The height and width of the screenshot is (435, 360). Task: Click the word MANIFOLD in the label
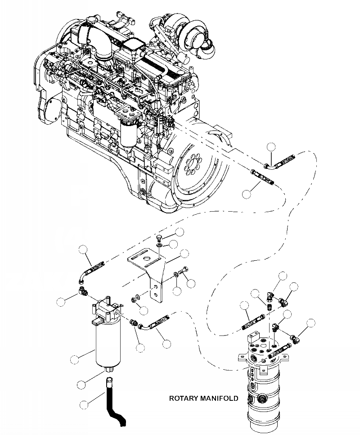pos(220,398)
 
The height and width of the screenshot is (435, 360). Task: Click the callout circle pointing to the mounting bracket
pos(184,254)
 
